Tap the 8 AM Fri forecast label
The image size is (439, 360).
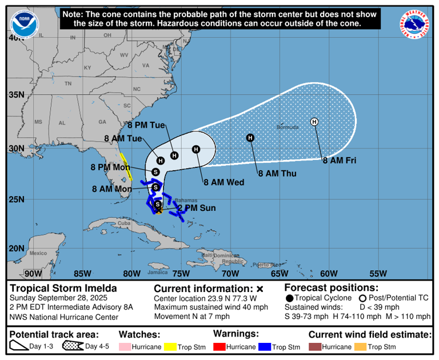[339, 161]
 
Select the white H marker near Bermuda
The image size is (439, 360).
[314, 121]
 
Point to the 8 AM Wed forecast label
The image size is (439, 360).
[224, 182]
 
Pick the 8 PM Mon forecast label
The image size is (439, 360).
[110, 167]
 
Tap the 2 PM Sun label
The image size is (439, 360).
[196, 208]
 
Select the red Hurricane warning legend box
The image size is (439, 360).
[220, 347]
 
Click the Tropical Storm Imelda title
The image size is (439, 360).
[63, 288]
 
